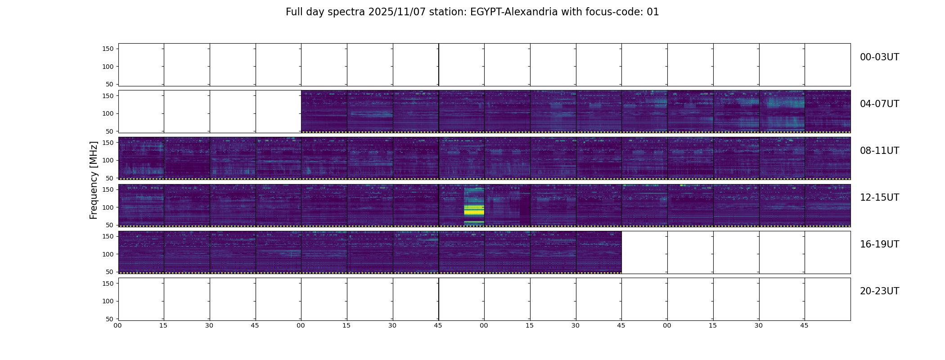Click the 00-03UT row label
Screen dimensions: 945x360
click(879, 57)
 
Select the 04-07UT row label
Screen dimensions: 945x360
click(879, 104)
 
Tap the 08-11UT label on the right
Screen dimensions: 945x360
click(879, 151)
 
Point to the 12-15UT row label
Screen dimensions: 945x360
click(879, 198)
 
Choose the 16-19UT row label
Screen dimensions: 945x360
click(879, 244)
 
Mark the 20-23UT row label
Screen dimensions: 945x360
click(879, 291)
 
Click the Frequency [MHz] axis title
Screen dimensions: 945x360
click(94, 180)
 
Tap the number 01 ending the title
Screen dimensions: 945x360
click(653, 12)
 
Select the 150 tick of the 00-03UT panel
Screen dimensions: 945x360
click(108, 49)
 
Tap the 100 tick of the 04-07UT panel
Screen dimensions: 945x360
click(108, 113)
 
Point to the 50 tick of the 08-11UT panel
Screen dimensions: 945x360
click(110, 178)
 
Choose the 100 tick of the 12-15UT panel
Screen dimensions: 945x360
click(108, 207)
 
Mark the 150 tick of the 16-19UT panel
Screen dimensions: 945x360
click(108, 236)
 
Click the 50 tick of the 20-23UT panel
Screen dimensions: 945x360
click(110, 319)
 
